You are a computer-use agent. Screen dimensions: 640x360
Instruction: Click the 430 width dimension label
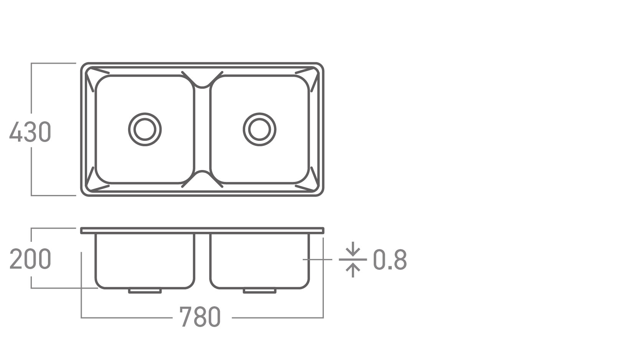coord(30,132)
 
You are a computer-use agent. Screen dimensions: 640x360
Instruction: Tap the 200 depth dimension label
coord(30,259)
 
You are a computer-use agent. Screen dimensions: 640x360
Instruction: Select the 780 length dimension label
coord(200,317)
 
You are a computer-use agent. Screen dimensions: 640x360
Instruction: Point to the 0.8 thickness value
coord(390,259)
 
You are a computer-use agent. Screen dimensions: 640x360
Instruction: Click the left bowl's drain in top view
coord(145,114)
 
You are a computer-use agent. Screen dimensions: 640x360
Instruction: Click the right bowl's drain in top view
coord(259,114)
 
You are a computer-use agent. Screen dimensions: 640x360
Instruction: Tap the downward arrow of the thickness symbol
coord(353,249)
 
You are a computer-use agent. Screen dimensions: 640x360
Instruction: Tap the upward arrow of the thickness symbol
coord(353,270)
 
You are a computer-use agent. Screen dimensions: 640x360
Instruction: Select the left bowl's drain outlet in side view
coord(145,291)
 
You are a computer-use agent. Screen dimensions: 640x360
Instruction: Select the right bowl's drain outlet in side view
coord(259,291)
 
